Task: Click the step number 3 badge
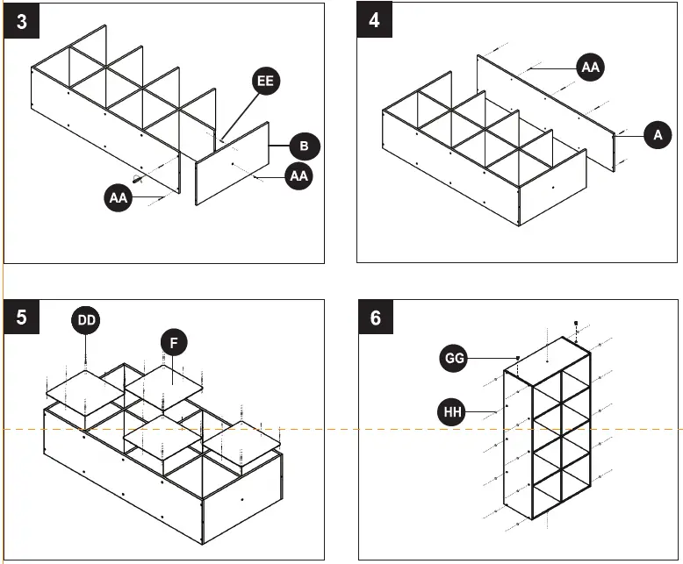click(x=21, y=21)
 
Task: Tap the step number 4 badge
click(x=375, y=21)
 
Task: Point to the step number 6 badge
click(x=376, y=318)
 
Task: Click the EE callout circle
click(x=265, y=82)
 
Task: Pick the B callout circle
click(x=303, y=145)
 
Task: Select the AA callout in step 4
click(x=591, y=66)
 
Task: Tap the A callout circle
click(x=657, y=134)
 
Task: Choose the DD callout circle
click(x=86, y=321)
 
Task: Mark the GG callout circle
click(x=455, y=358)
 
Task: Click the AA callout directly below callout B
click(x=299, y=175)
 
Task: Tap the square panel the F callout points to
click(x=164, y=385)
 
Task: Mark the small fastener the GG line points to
click(x=519, y=358)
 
